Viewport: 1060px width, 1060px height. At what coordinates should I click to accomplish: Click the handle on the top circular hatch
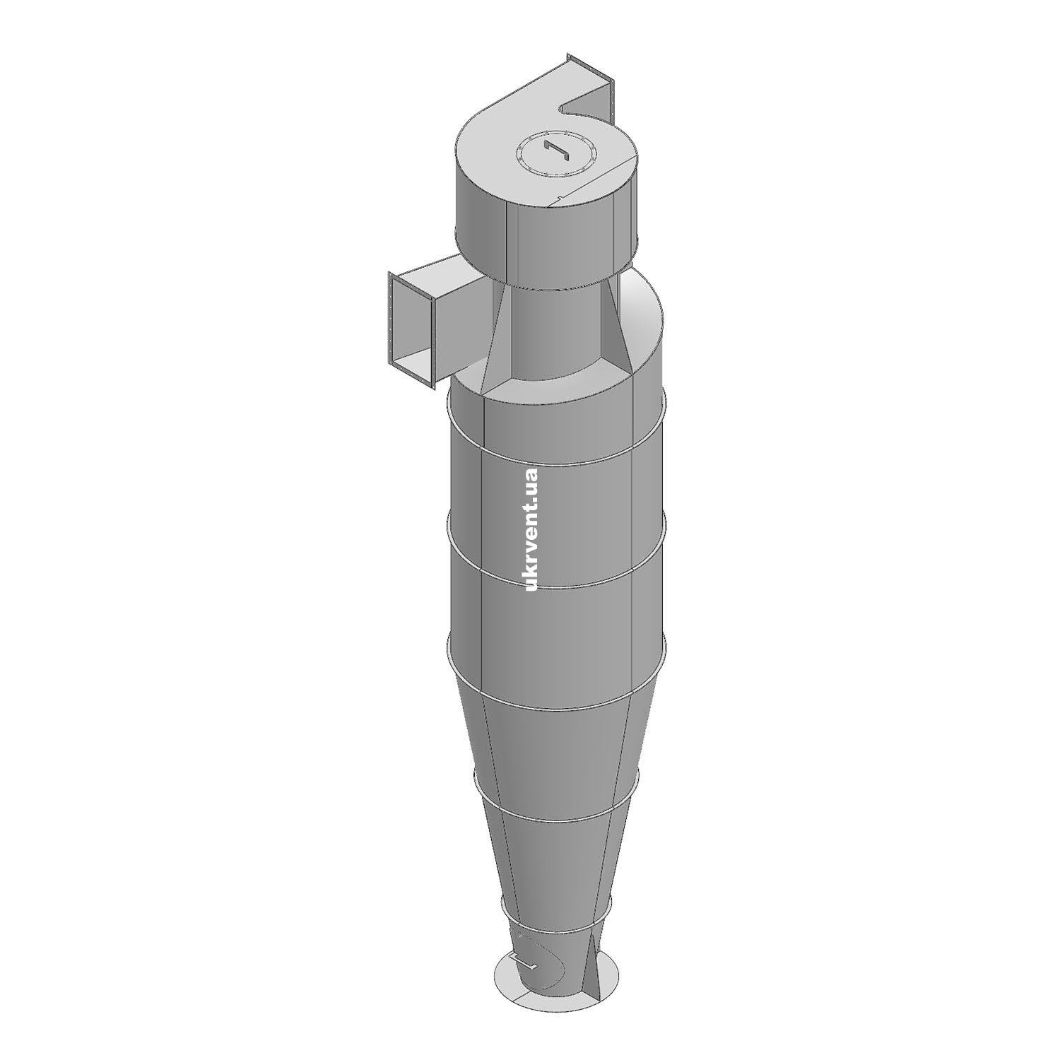(x=558, y=150)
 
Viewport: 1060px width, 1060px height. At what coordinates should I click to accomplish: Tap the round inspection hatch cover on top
(x=558, y=151)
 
